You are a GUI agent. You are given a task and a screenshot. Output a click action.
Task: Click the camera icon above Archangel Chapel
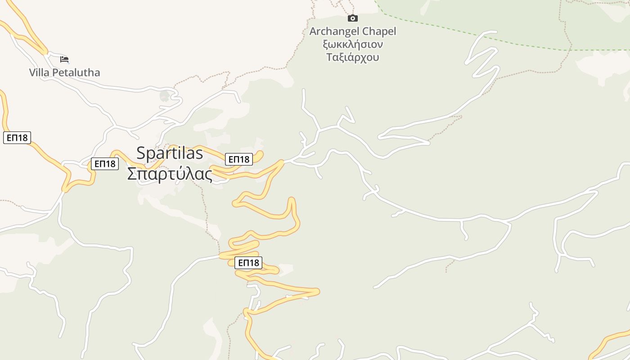click(353, 18)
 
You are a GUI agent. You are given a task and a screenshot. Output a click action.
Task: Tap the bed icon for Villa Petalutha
click(64, 59)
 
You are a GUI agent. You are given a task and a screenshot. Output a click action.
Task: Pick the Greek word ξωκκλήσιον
click(353, 45)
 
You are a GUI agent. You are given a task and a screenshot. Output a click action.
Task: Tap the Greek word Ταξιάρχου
click(353, 57)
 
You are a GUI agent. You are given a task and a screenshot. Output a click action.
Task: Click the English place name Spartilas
click(170, 153)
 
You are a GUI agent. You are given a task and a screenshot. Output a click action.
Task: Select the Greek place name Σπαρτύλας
click(170, 174)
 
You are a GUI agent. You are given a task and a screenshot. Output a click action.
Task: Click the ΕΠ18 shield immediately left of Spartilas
click(105, 164)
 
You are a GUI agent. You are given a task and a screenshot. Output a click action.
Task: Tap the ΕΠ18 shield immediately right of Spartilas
click(239, 159)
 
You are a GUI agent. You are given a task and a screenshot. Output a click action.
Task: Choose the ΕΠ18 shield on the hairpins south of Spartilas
click(248, 263)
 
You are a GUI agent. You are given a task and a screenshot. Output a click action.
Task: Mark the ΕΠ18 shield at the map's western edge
click(17, 138)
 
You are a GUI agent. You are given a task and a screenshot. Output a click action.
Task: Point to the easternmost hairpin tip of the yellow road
click(318, 292)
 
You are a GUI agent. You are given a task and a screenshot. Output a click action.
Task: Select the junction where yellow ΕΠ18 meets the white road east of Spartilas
click(283, 161)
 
